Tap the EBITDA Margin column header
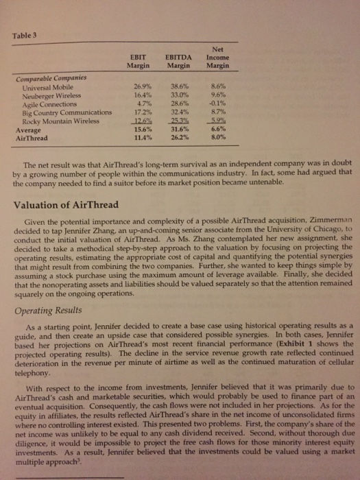click(x=178, y=60)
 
